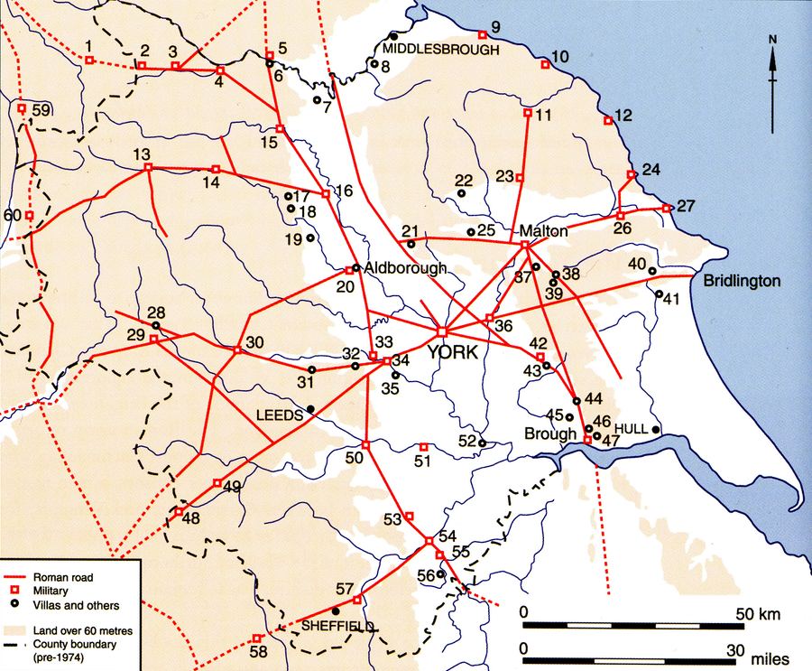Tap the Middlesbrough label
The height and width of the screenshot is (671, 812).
click(x=440, y=49)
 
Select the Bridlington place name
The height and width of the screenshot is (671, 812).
click(x=742, y=282)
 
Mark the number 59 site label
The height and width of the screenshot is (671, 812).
click(x=41, y=110)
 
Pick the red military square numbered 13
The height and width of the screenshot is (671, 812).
click(x=148, y=166)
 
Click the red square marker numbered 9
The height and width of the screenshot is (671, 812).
click(x=483, y=34)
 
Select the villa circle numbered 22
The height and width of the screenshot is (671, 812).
click(x=461, y=192)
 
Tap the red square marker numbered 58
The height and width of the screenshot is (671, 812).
click(x=256, y=638)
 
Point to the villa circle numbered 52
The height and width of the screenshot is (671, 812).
click(x=483, y=443)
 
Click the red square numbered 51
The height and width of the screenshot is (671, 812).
click(x=424, y=446)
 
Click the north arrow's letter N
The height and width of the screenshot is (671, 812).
click(x=773, y=39)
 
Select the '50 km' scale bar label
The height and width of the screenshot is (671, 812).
click(x=751, y=614)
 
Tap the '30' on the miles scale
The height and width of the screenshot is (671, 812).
click(x=737, y=649)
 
